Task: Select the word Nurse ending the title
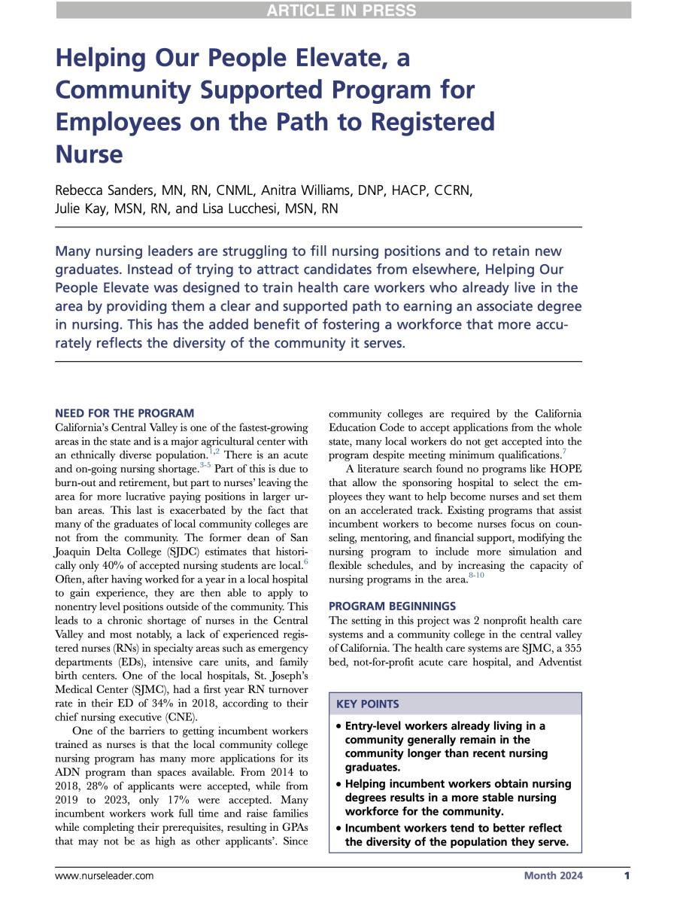click(x=89, y=154)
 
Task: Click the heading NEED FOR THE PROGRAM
click(x=125, y=413)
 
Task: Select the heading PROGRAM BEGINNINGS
click(x=393, y=604)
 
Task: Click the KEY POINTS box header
click(x=368, y=704)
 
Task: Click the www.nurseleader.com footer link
click(x=105, y=876)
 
